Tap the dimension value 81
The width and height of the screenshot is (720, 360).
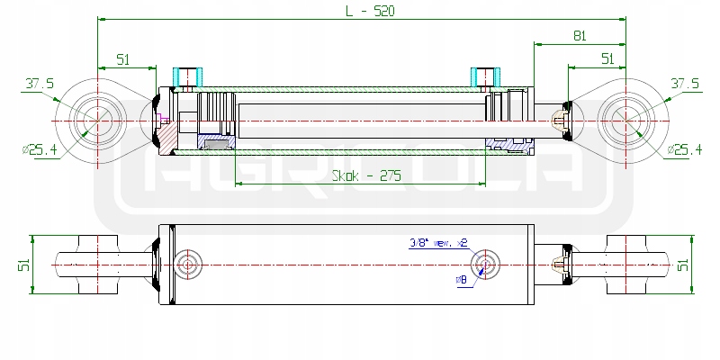click(580, 36)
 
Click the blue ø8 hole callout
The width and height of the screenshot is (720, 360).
click(462, 279)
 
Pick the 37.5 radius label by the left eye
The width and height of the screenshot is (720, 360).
click(40, 84)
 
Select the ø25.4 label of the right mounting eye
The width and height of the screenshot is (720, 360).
click(683, 148)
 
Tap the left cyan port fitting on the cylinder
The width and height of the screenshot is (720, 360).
click(188, 76)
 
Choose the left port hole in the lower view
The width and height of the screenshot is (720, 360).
click(188, 264)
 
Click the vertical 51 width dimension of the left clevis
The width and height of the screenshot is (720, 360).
click(26, 264)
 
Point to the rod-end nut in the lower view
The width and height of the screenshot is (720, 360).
click(562, 264)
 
